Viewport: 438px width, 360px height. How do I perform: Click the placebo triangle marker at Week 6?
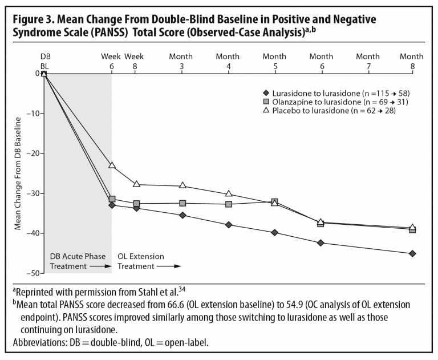tap(112, 165)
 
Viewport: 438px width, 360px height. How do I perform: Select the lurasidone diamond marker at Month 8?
tap(412, 253)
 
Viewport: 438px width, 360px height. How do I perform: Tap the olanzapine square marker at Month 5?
tap(275, 201)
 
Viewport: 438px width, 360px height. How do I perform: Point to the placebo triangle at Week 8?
tap(135, 184)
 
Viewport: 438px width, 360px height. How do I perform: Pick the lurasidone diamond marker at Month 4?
tap(229, 225)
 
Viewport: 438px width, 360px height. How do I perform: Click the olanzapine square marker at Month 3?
tap(182, 203)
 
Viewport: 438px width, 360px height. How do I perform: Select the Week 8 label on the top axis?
tap(135, 61)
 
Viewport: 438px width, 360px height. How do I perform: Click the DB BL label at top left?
tap(45, 61)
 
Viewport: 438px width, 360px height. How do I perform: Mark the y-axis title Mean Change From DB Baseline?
tap(18, 173)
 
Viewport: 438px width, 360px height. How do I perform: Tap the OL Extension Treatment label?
tap(140, 261)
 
